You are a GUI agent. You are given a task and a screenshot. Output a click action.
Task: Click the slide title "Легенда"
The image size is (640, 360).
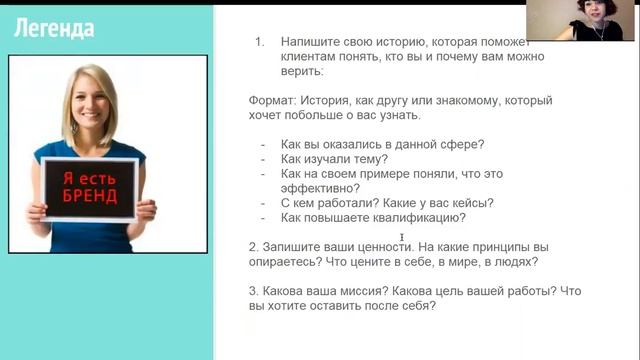pos(54,28)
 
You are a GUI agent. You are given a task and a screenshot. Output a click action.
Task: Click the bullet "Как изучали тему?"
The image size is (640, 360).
pos(334,159)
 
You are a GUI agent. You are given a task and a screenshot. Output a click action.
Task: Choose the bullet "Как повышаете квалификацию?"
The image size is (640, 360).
pos(373,217)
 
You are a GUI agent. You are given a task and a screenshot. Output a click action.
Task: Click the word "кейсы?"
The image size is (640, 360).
pos(471,203)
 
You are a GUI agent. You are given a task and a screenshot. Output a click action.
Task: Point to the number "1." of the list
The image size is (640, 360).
pos(259,43)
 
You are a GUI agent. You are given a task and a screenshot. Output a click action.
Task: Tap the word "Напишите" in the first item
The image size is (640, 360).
pos(311,43)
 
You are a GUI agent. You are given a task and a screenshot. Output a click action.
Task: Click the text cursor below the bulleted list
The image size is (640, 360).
pos(402,237)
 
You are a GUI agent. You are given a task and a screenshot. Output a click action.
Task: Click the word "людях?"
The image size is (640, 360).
pos(513,262)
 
